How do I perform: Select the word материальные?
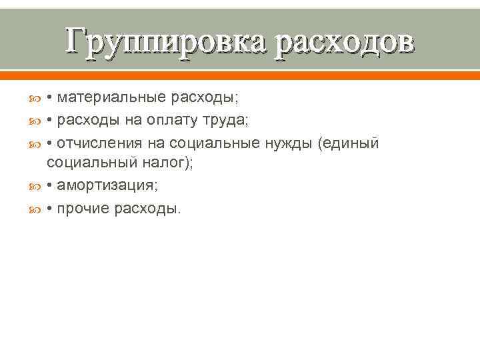(x=111, y=98)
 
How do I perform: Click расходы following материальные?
(x=204, y=98)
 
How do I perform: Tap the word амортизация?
(x=107, y=186)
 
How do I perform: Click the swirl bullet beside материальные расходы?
(x=37, y=99)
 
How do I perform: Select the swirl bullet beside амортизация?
(x=37, y=187)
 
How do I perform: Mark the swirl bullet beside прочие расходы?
(x=37, y=209)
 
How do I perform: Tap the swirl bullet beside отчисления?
(x=37, y=143)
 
